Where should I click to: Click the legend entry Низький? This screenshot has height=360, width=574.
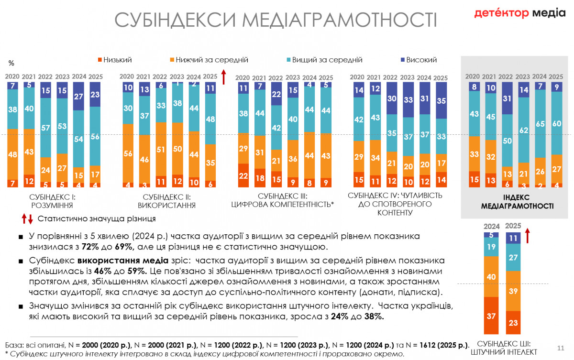click(114, 60)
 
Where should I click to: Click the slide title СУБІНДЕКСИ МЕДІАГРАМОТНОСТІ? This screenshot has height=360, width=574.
click(276, 20)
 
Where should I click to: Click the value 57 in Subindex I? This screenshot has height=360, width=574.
click(46, 128)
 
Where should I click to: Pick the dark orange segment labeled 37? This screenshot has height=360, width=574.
click(491, 316)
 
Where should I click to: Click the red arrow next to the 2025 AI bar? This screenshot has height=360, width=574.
click(528, 236)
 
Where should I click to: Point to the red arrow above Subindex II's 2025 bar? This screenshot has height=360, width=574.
click(223, 76)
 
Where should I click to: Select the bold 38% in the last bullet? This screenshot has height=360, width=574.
click(375, 316)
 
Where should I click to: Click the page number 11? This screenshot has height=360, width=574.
click(561, 348)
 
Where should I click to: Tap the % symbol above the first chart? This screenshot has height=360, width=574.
click(11, 63)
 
